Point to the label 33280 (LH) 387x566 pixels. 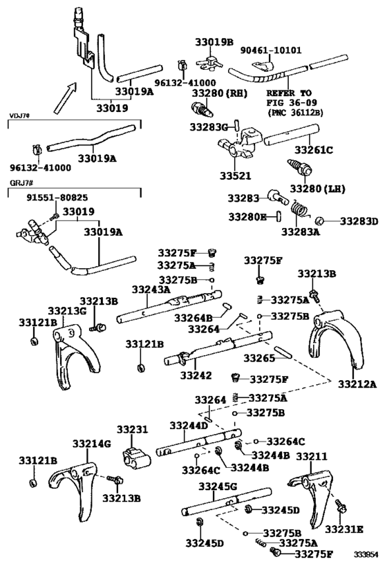317,188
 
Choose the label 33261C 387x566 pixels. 314,149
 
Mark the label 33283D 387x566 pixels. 358,221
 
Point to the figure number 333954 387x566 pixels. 366,555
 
